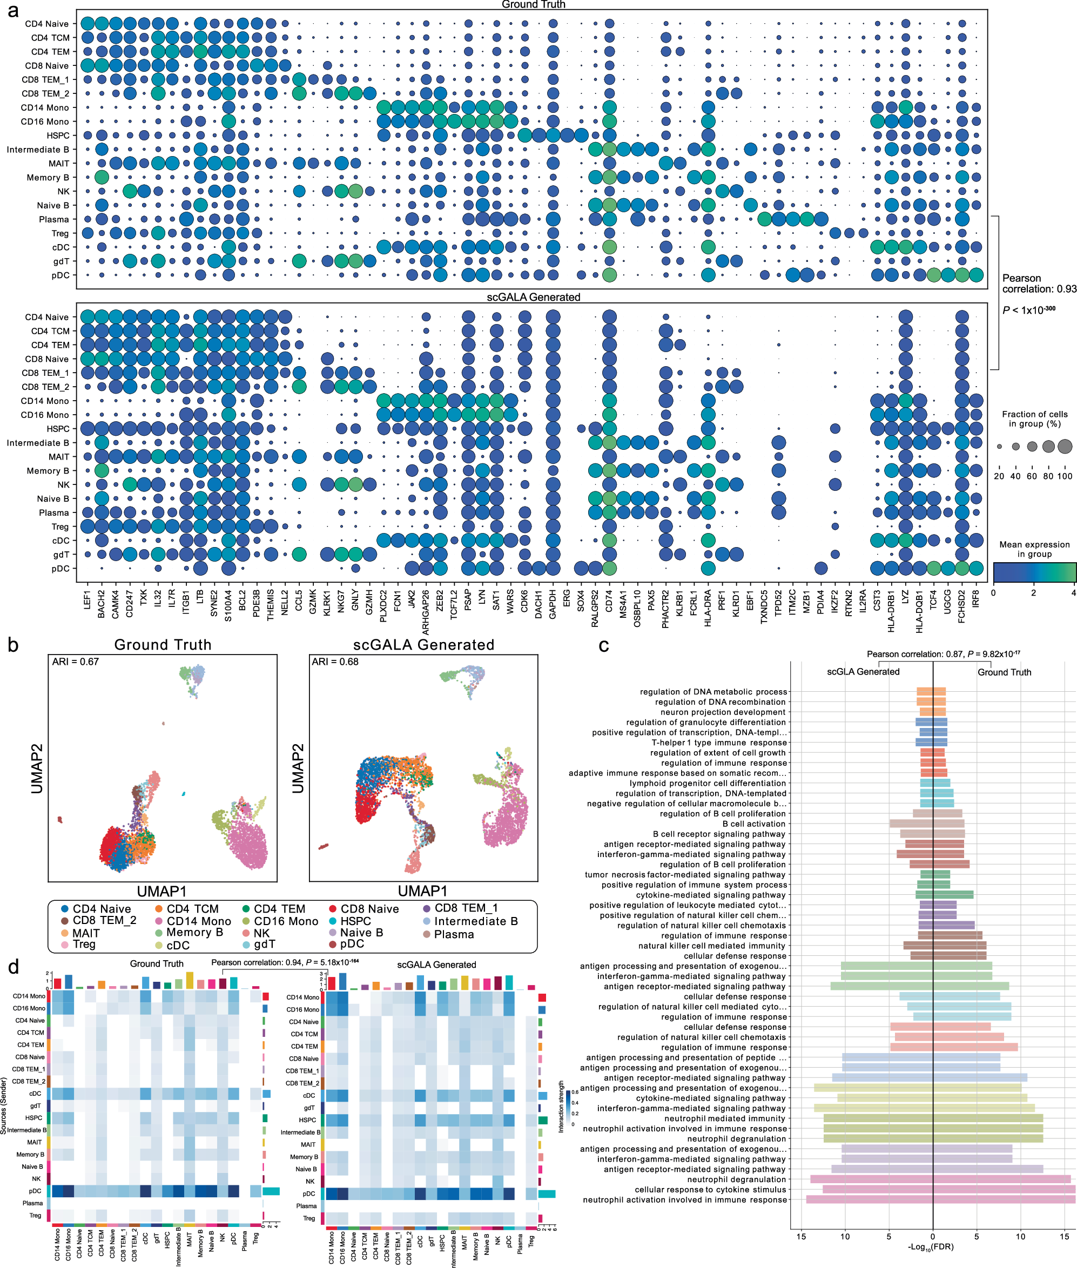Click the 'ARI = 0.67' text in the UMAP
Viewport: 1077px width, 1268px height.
76,661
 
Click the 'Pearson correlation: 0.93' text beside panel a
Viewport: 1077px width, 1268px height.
1039,284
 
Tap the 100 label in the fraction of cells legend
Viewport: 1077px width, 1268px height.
1065,476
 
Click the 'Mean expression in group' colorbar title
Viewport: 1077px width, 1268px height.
1034,549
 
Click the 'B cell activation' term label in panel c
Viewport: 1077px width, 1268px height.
753,824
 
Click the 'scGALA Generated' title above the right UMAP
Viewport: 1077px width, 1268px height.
423,645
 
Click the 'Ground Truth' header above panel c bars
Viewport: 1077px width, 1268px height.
1004,672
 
